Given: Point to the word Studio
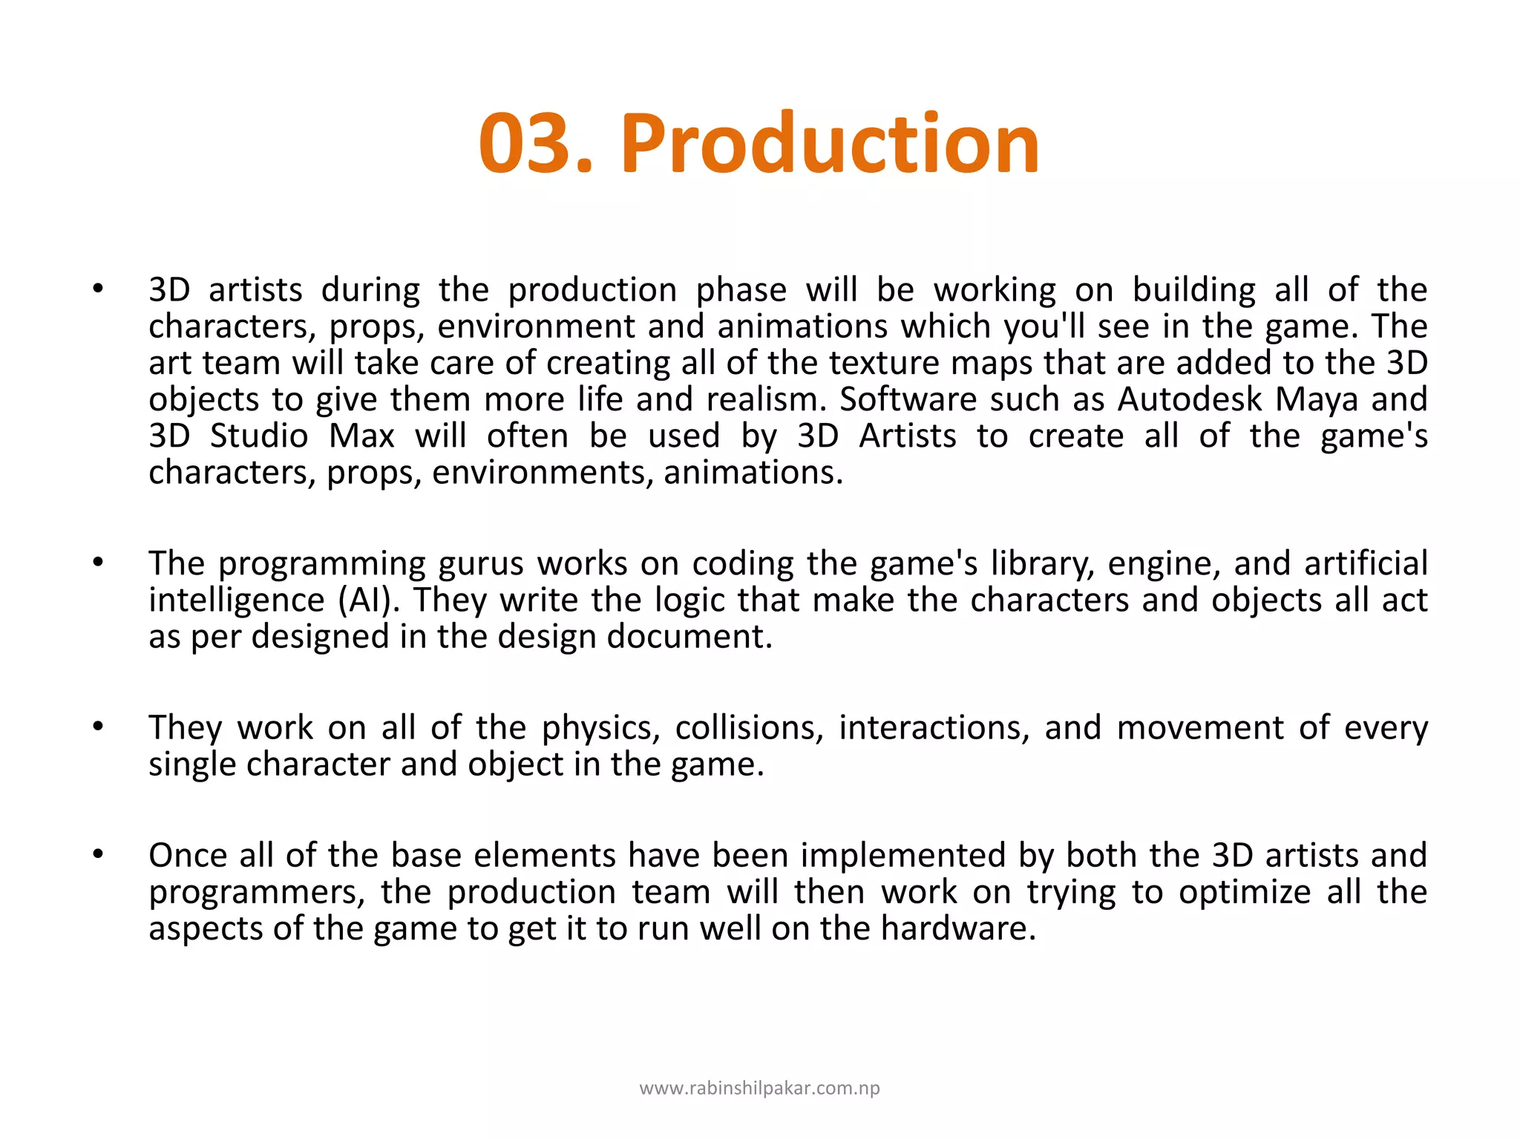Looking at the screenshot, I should pos(259,436).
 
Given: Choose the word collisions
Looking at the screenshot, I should pos(749,728).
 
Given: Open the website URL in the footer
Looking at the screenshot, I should pos(759,1088).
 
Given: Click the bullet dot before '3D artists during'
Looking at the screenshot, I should pos(98,289).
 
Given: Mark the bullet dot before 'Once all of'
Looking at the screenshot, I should pos(98,855).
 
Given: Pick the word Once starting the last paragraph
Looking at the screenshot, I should pos(187,855).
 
